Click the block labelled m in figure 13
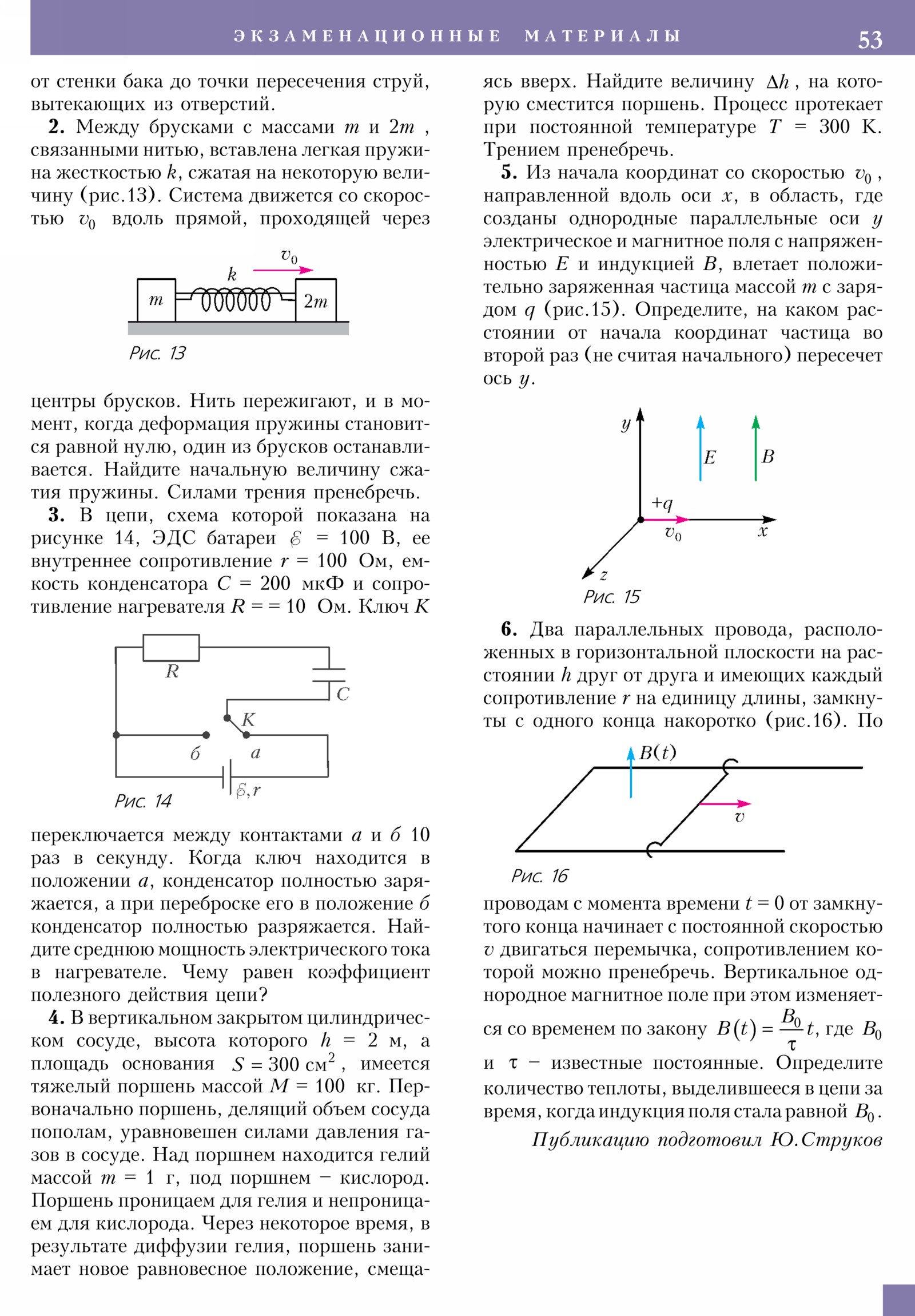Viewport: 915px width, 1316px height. pos(156,300)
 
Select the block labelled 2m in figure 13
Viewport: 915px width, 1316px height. pos(315,300)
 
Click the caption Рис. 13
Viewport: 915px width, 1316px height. pos(157,353)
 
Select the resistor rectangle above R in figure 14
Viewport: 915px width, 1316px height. pos(171,648)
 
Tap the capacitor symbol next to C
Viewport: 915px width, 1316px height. pos(329,675)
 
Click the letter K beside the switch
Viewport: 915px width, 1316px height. pos(248,719)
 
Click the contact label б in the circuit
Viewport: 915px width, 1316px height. pos(195,754)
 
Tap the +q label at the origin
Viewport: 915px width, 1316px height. pos(662,504)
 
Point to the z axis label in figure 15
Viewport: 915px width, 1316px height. pos(603,575)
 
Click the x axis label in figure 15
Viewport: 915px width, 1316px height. pos(762,532)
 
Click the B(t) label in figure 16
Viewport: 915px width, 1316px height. pos(657,752)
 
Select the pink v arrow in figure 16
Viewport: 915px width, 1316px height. pos(724,803)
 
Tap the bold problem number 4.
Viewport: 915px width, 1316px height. pos(56,1017)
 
